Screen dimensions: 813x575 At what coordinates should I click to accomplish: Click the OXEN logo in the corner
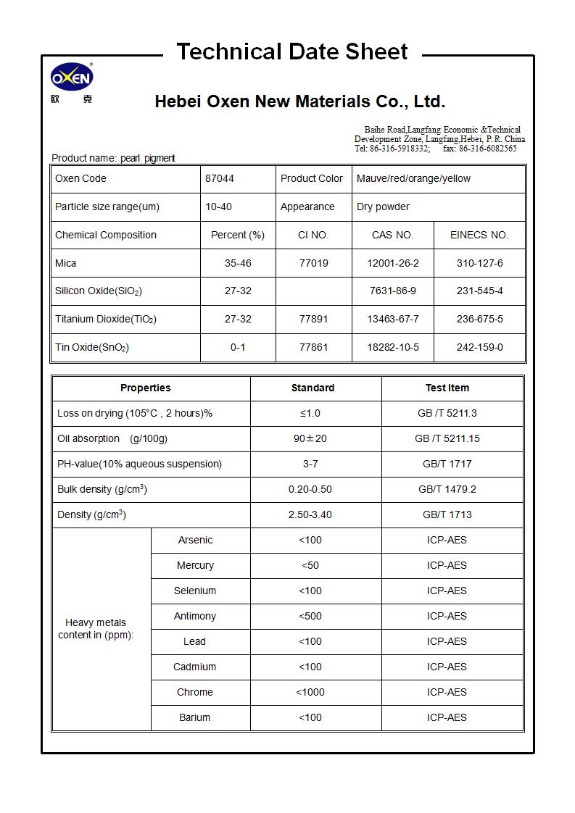click(x=71, y=78)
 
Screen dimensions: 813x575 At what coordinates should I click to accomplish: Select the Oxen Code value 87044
click(x=220, y=178)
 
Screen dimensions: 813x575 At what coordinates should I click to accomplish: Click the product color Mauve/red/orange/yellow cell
click(x=413, y=178)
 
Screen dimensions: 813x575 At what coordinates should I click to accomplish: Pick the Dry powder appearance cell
click(x=383, y=207)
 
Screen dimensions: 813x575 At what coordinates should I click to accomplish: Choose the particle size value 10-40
click(x=218, y=207)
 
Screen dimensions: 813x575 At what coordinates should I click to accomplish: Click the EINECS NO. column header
click(x=479, y=235)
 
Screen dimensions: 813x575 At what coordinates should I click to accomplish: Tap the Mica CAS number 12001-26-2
click(x=392, y=263)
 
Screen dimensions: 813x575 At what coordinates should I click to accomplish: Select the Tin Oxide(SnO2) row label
click(x=92, y=347)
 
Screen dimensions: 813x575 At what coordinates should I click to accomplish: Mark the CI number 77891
click(x=313, y=319)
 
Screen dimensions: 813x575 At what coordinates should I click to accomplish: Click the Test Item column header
click(x=447, y=388)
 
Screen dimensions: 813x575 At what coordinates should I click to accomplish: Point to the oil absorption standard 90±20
click(x=310, y=438)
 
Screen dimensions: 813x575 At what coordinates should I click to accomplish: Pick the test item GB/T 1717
click(x=447, y=464)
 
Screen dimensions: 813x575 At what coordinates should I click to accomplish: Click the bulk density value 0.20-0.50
click(x=310, y=489)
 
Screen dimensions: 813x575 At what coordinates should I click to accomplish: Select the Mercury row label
click(x=195, y=565)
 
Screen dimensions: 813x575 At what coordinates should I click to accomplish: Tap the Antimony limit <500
click(x=310, y=616)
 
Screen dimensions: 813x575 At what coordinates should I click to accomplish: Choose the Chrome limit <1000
click(x=310, y=692)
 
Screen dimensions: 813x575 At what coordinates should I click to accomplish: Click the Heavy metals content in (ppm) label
click(x=96, y=628)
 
